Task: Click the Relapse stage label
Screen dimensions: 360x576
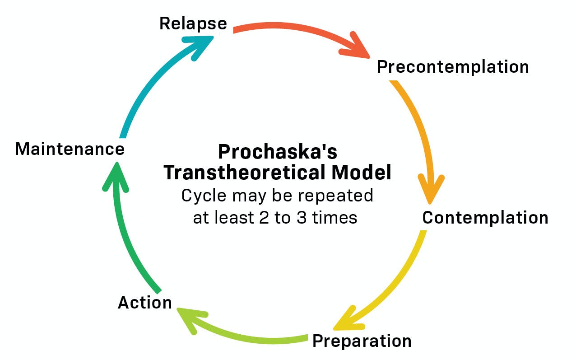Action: tap(193, 23)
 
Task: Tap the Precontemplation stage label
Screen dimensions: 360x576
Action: tap(453, 67)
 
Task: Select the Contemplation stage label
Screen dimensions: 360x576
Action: tap(485, 218)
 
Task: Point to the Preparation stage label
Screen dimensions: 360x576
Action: tap(362, 341)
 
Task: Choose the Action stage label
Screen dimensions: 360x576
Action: tap(145, 302)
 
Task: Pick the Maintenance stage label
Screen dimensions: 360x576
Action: tap(70, 149)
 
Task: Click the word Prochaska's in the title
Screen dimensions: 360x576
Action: tap(278, 152)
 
